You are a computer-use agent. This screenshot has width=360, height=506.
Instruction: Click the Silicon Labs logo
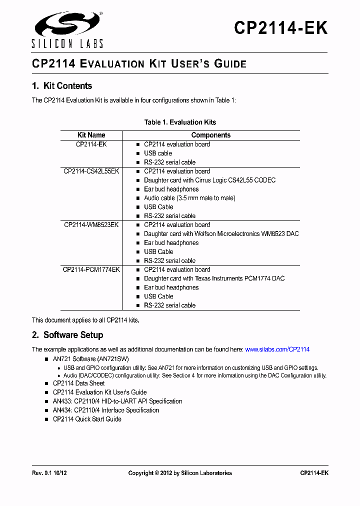pyautogui.click(x=67, y=29)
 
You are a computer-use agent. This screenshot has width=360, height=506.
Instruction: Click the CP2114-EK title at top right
pyautogui.click(x=280, y=28)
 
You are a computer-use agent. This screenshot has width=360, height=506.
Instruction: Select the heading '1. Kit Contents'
pyautogui.click(x=62, y=86)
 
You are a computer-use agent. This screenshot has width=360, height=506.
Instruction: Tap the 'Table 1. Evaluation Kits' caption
pyautogui.click(x=180, y=122)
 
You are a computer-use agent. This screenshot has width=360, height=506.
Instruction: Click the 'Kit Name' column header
pyautogui.click(x=91, y=135)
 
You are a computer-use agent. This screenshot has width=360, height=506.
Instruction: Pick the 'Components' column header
pyautogui.click(x=211, y=135)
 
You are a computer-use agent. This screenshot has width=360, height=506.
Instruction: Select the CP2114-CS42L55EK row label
pyautogui.click(x=91, y=171)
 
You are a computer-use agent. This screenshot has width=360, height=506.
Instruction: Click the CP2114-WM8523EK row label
pyautogui.click(x=91, y=225)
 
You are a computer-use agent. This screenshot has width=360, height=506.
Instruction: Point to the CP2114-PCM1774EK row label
pyautogui.click(x=91, y=269)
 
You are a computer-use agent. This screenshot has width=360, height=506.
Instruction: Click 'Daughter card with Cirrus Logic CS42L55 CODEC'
pyautogui.click(x=209, y=180)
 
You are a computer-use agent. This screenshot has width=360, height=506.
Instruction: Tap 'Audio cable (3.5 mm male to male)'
pyautogui.click(x=189, y=198)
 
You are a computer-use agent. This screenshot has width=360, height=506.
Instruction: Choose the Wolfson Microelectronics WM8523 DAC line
pyautogui.click(x=221, y=234)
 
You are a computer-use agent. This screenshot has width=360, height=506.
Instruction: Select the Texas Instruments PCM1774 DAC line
pyautogui.click(x=214, y=278)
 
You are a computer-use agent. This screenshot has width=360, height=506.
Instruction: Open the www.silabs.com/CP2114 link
pyautogui.click(x=277, y=349)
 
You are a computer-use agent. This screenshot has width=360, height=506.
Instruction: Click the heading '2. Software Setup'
pyautogui.click(x=67, y=335)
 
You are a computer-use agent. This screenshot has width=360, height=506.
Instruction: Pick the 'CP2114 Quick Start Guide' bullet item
pyautogui.click(x=87, y=419)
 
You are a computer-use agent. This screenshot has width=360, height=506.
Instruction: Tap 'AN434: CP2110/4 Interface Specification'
pyautogui.click(x=106, y=410)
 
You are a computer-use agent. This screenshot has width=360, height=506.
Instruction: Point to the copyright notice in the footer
pyautogui.click(x=180, y=473)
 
